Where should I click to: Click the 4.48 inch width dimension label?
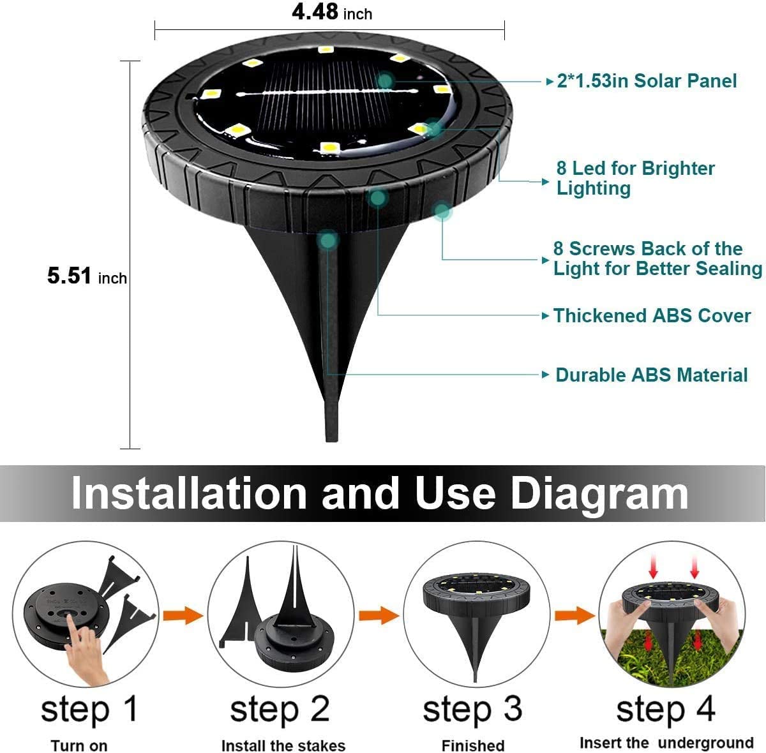tap(331, 12)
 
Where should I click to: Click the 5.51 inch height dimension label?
tap(87, 276)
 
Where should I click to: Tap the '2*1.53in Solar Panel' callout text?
tap(646, 81)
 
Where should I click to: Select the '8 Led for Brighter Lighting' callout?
tap(635, 178)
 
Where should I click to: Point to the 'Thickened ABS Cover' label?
tap(651, 316)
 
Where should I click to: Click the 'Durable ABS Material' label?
tap(651, 375)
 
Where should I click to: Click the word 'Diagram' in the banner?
tap(599, 493)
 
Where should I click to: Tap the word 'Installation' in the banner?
tap(189, 493)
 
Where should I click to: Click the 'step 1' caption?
tap(89, 709)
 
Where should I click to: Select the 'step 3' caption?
tap(472, 709)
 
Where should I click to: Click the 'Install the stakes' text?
tap(283, 745)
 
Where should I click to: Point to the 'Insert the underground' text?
tap(666, 743)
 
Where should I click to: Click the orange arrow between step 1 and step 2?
tap(182, 616)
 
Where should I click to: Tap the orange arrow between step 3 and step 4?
tap(574, 616)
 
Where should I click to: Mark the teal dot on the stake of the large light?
tap(328, 240)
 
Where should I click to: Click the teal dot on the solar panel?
tap(385, 80)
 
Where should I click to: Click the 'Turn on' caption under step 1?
tap(79, 745)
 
